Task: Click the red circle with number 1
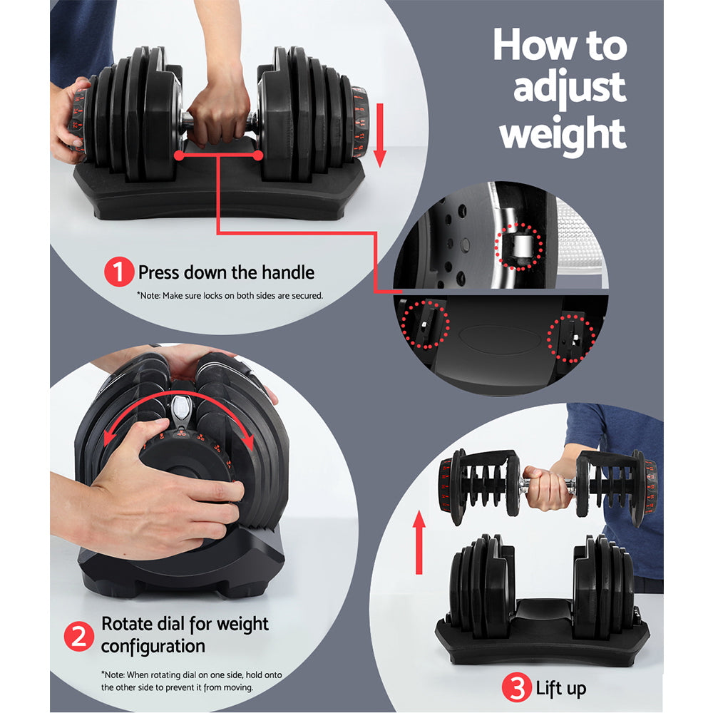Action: [x=118, y=273]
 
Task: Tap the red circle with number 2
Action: [x=79, y=635]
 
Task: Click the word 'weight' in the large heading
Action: [x=563, y=133]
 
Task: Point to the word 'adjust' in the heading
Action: [x=569, y=89]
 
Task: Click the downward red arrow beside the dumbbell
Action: [x=379, y=135]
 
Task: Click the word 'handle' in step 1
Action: [x=284, y=272]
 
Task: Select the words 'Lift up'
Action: [x=560, y=689]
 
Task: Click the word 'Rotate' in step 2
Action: [x=126, y=624]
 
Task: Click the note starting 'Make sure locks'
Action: [x=230, y=295]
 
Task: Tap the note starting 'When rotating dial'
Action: [x=197, y=681]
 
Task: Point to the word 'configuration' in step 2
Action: [x=153, y=647]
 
